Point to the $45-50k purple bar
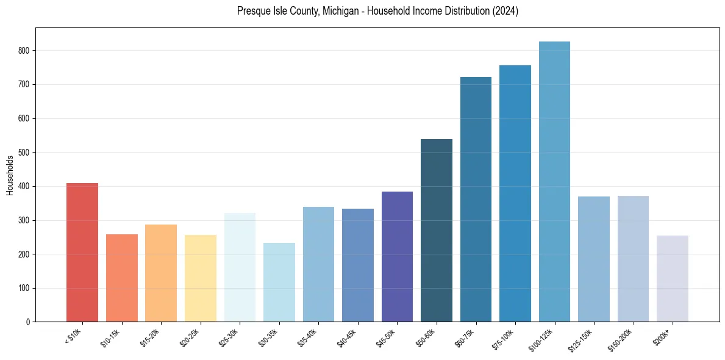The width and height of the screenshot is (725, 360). (397, 256)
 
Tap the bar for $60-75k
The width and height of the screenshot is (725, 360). (476, 199)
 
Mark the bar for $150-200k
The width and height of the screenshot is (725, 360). (633, 259)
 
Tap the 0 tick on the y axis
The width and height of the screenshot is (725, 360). (28, 322)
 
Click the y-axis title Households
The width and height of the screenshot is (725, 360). (10, 175)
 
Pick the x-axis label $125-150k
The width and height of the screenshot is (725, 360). (582, 340)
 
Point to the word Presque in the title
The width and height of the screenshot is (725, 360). (254, 12)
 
